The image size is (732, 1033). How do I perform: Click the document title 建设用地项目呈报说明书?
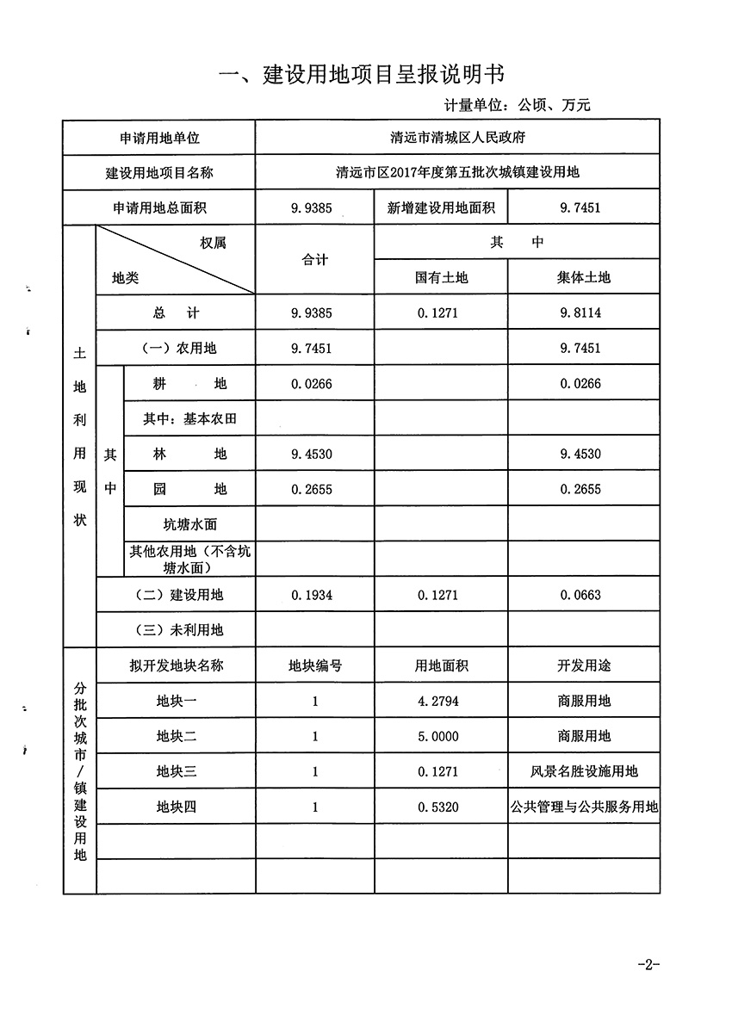tap(362, 74)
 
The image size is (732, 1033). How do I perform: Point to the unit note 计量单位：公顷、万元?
tap(517, 106)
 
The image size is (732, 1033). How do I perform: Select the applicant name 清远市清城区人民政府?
tap(457, 138)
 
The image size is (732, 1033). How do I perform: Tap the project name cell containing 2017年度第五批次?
tap(457, 172)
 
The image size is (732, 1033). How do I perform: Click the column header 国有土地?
tap(441, 278)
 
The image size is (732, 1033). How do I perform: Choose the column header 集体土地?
tap(583, 278)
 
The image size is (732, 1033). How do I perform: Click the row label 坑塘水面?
tap(190, 524)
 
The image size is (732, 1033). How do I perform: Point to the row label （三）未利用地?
tap(180, 630)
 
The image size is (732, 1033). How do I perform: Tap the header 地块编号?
tap(315, 666)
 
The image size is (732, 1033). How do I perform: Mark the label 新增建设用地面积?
tap(441, 207)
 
